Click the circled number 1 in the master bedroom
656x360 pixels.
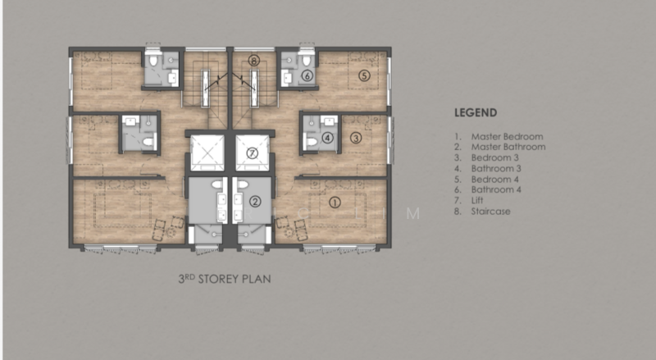coord(335,203)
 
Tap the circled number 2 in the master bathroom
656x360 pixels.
coord(255,202)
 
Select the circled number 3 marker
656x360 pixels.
coord(356,138)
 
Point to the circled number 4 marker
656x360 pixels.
coord(327,138)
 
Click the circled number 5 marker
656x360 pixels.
coord(364,75)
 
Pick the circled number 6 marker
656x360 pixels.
coord(307,75)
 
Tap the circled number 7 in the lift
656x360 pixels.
coord(252,153)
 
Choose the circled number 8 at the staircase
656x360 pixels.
coord(254,61)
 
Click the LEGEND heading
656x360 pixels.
coord(476,112)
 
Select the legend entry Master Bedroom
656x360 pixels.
coord(507,136)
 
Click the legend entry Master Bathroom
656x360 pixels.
coord(508,147)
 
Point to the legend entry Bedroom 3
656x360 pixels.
coord(495,157)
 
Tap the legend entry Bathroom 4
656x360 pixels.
coord(496,189)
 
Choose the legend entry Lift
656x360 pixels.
coord(477,201)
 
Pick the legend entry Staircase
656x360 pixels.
coord(490,212)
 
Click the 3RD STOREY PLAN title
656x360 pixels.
coord(225,279)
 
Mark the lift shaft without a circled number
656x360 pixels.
coord(207,153)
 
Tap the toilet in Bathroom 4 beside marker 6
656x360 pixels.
coord(307,59)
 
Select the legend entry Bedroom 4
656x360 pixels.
coord(495,179)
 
